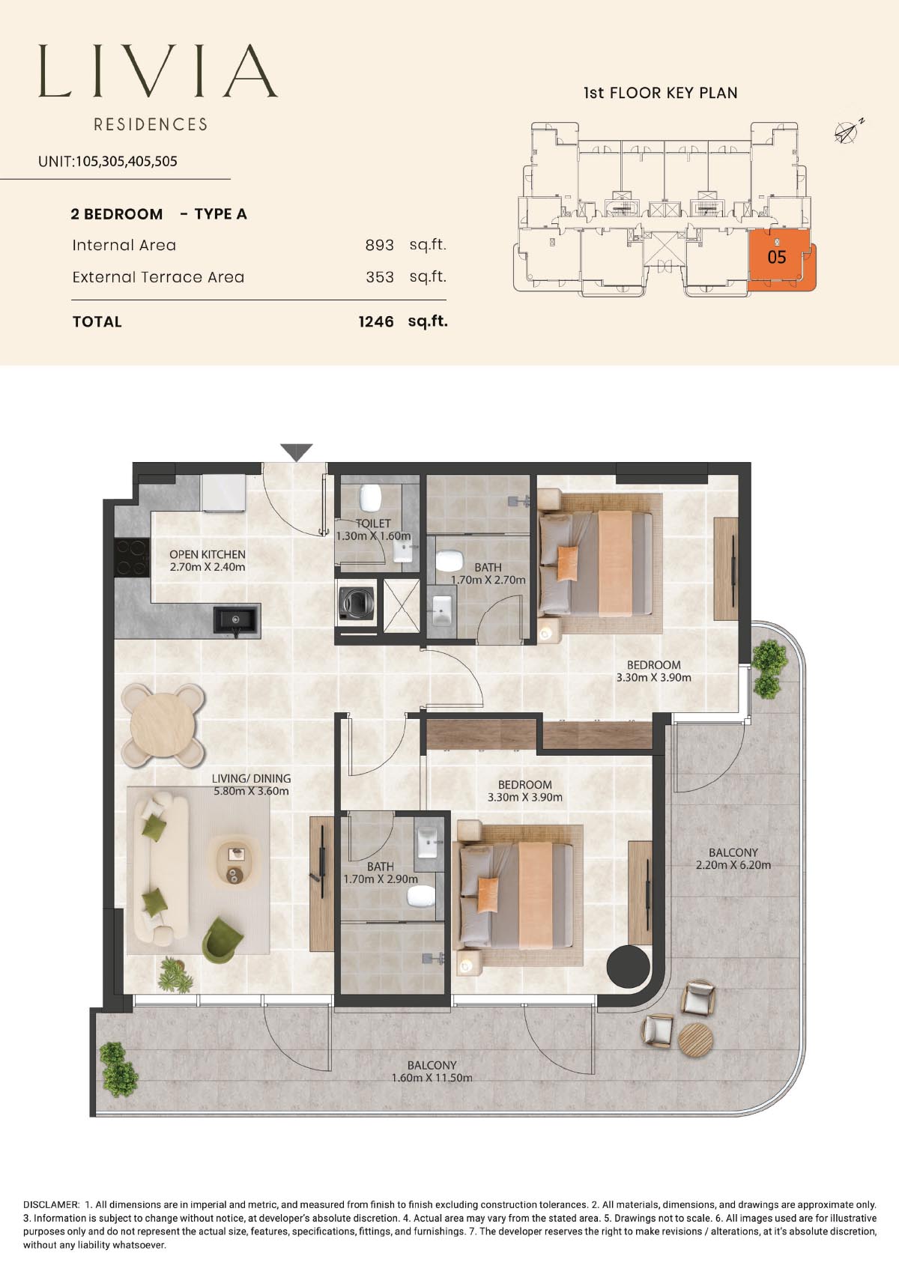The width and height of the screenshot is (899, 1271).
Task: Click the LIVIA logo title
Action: point(158,71)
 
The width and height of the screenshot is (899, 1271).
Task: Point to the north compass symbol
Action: point(849,131)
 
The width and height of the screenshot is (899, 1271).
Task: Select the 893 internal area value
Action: point(380,245)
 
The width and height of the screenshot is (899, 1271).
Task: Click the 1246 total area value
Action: point(376,322)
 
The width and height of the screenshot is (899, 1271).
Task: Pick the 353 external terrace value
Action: point(380,277)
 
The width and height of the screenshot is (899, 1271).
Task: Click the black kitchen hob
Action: point(132,557)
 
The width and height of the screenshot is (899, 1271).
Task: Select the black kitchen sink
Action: point(237,619)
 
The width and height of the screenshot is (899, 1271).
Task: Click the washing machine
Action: point(357,603)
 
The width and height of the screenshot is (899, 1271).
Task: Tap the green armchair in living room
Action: point(223,940)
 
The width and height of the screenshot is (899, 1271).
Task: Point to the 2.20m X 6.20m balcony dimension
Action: point(733,865)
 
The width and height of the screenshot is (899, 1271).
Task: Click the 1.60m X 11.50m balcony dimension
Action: point(432,1078)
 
